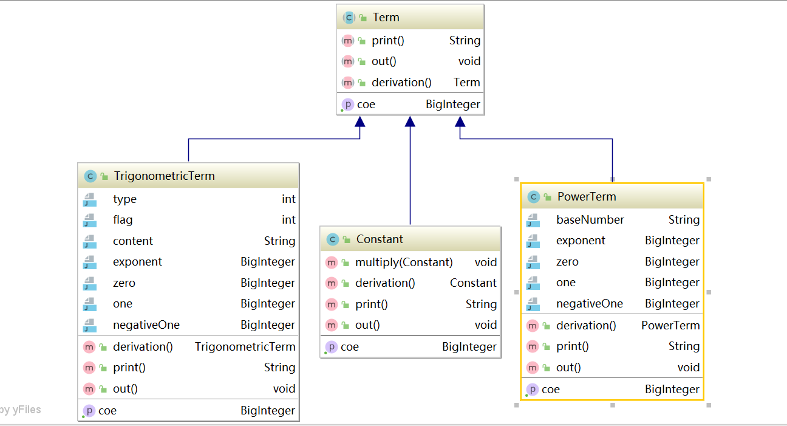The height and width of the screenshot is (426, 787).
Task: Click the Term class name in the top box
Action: pyautogui.click(x=386, y=17)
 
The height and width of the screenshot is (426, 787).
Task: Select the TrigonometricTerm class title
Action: pyautogui.click(x=164, y=176)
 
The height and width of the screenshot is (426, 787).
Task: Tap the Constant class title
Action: pyautogui.click(x=380, y=239)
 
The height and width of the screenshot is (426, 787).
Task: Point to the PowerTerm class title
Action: pyautogui.click(x=587, y=196)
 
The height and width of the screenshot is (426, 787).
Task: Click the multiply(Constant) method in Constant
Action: pyautogui.click(x=404, y=262)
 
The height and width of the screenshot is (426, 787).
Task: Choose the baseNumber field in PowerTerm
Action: pyautogui.click(x=590, y=219)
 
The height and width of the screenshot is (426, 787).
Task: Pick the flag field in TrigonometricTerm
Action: pyautogui.click(x=123, y=220)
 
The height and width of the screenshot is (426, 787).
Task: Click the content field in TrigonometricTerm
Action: pyautogui.click(x=133, y=241)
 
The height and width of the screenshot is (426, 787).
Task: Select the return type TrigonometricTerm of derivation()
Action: pyautogui.click(x=245, y=347)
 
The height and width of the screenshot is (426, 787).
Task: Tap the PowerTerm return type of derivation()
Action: pyautogui.click(x=670, y=326)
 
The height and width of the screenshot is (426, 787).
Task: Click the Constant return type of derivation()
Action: pyautogui.click(x=473, y=283)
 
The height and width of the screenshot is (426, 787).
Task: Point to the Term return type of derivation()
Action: pyautogui.click(x=466, y=82)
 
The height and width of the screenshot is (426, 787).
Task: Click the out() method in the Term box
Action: pyautogui.click(x=384, y=61)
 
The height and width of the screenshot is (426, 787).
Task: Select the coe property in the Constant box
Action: pyautogui.click(x=350, y=347)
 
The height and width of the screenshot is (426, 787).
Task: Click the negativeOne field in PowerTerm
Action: pyautogui.click(x=590, y=304)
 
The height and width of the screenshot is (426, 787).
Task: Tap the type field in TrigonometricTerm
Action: pyautogui.click(x=124, y=199)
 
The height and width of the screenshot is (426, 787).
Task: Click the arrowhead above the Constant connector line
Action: pyautogui.click(x=410, y=122)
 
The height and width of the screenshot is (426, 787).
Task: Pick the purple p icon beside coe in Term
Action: pyautogui.click(x=347, y=105)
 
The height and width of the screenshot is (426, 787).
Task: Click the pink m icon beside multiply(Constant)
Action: pyautogui.click(x=332, y=263)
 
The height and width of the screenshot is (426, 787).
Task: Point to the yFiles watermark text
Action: pyautogui.click(x=21, y=410)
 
